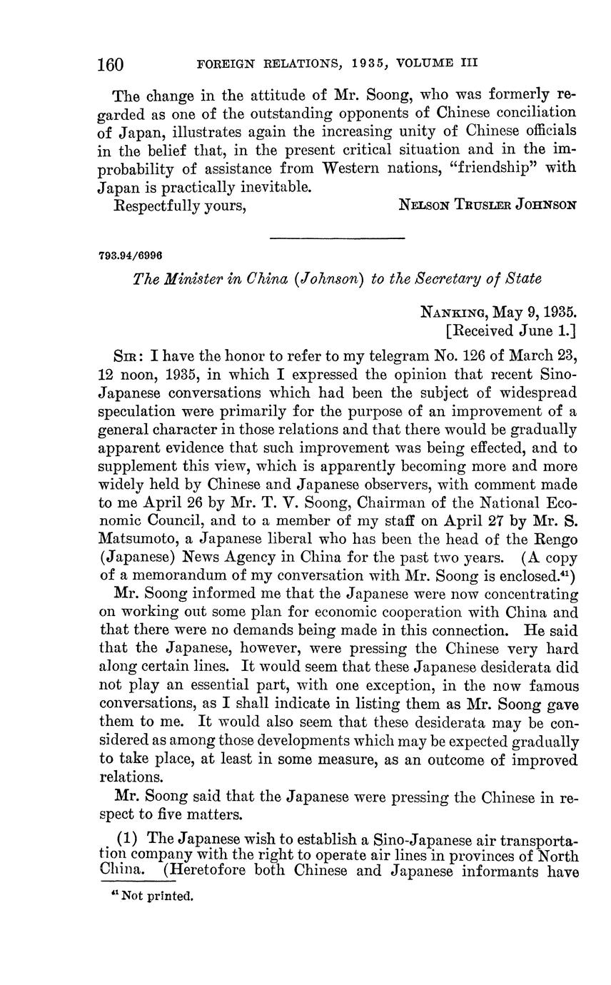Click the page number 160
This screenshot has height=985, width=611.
[x=111, y=65]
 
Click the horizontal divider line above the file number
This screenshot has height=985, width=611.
[x=338, y=238]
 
